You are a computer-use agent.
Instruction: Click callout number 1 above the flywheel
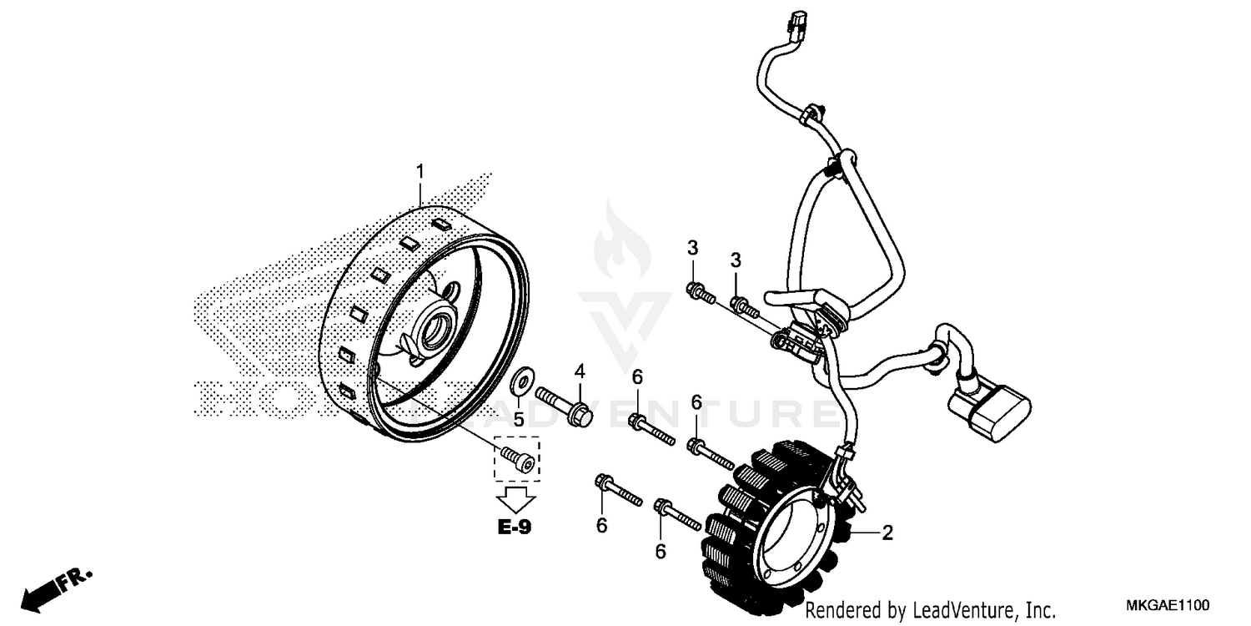pos(421,171)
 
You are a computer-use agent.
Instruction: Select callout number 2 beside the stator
pos(887,533)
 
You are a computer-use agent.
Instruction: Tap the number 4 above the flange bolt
pos(580,371)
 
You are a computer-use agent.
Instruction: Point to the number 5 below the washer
pos(518,419)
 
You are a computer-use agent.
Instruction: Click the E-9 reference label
pos(515,527)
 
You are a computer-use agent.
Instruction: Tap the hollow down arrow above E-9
pos(515,500)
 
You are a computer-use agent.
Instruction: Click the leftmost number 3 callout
pos(691,247)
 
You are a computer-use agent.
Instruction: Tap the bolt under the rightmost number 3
pos(745,307)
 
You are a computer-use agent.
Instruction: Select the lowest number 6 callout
pos(661,552)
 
